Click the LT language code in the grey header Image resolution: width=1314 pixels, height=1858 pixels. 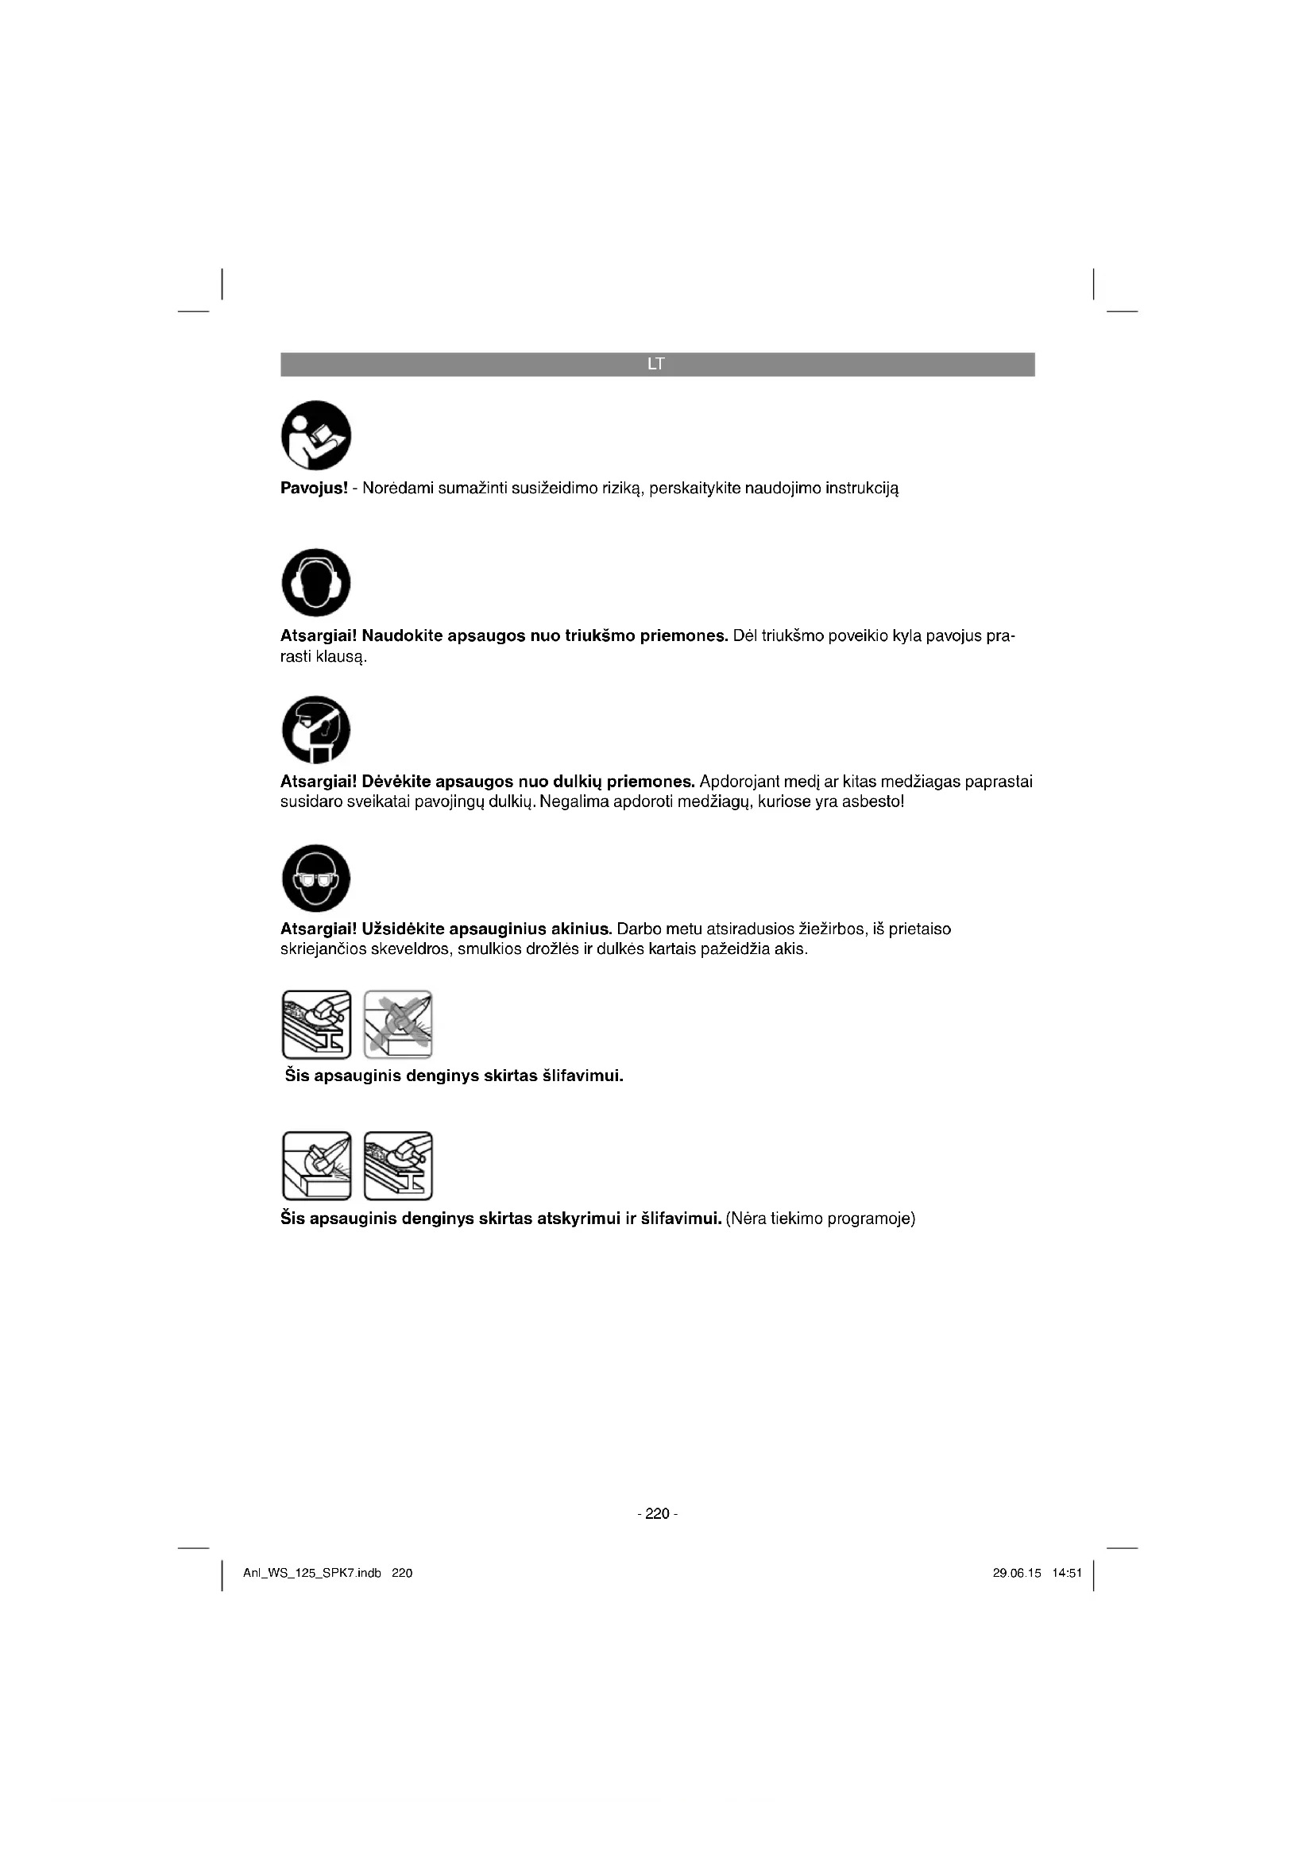coord(656,364)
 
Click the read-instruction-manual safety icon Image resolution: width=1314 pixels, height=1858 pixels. coord(315,435)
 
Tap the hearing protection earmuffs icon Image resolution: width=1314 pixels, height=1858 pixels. coord(315,582)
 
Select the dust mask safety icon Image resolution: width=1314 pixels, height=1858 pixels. coord(315,729)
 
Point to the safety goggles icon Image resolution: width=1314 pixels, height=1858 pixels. coord(315,878)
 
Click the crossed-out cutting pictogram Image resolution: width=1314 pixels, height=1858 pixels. coord(398,1025)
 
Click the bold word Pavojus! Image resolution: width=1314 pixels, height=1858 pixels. coord(314,488)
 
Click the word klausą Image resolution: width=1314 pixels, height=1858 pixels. coord(342,656)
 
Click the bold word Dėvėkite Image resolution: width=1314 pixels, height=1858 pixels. coord(396,782)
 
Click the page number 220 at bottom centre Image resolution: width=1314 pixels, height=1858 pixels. coord(657,1513)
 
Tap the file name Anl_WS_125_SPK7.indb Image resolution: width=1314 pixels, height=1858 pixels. coord(312,1573)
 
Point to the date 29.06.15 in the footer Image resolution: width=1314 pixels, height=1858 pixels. coord(1016,1573)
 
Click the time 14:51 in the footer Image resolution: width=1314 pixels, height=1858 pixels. coord(1067,1573)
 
